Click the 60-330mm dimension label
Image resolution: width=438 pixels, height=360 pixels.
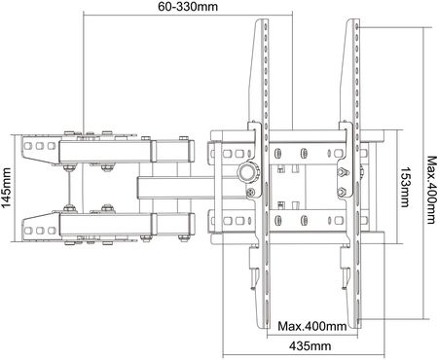click(x=188, y=6)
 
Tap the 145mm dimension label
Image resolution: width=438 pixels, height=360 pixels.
click(x=6, y=188)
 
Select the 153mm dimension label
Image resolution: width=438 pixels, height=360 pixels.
click(x=405, y=187)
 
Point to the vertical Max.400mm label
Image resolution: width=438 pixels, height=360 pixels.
click(x=431, y=190)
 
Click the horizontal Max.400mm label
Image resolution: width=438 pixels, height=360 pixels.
click(x=311, y=326)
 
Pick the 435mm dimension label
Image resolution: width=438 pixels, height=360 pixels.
click(x=310, y=345)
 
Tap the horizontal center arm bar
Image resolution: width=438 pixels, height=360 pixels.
click(x=192, y=188)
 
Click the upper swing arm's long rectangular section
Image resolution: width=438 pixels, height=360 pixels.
click(x=104, y=151)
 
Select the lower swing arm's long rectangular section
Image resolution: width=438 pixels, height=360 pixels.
click(x=104, y=225)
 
